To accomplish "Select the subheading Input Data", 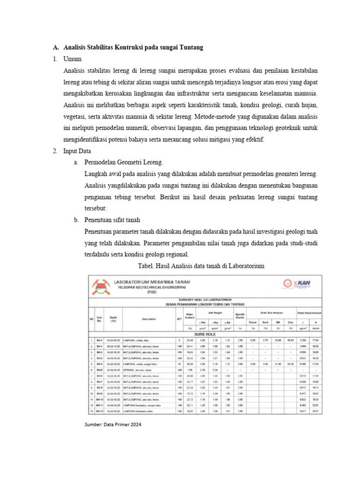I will pos(78,151).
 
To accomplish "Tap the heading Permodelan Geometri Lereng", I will pos(124,163).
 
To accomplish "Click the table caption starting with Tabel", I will pos(201,266).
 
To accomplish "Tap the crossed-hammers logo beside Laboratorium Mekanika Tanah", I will pos(100,286).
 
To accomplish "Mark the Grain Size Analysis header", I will pos(272,311).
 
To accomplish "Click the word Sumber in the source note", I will pos(92,425).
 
